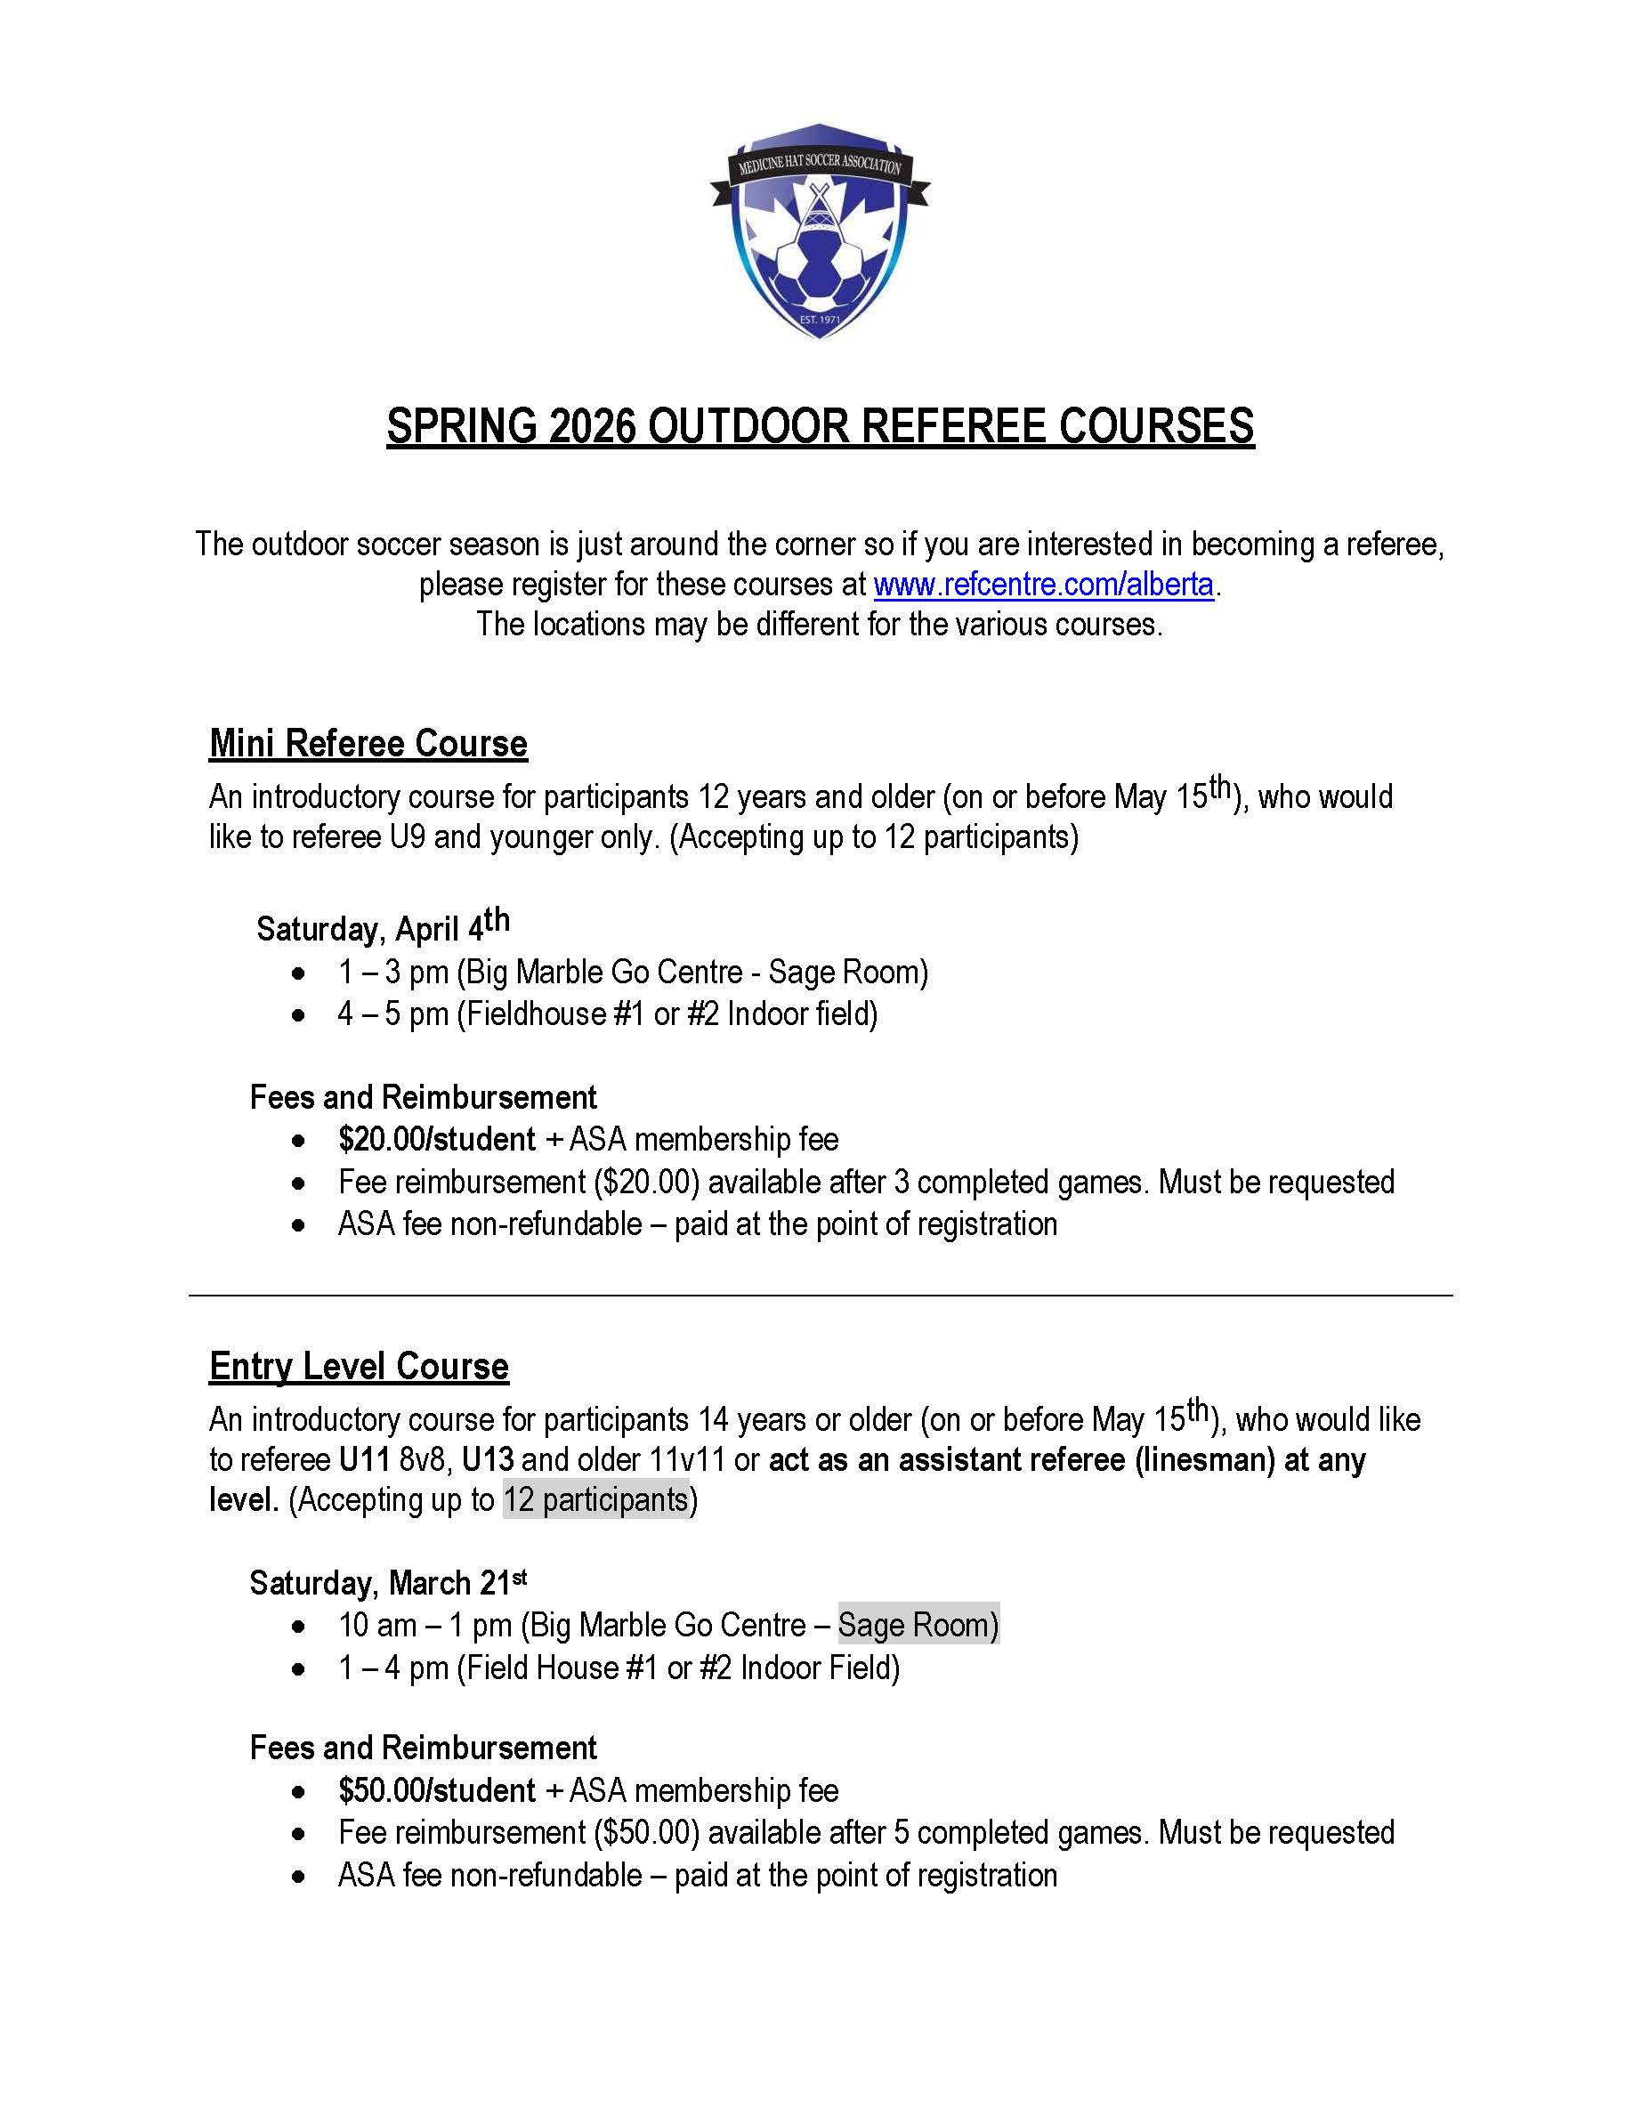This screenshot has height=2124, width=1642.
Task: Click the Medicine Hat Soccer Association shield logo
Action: coord(820,231)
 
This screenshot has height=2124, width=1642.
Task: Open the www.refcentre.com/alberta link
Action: coord(1043,585)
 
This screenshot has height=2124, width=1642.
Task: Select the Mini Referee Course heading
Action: coord(368,744)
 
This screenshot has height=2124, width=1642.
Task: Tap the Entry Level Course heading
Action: coord(358,1367)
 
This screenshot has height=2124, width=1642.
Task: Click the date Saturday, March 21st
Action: coord(388,1582)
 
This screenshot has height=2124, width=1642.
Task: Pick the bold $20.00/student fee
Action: coord(436,1139)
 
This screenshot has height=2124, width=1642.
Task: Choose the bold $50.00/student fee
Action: coord(436,1790)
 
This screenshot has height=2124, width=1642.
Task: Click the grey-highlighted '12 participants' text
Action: coord(595,1499)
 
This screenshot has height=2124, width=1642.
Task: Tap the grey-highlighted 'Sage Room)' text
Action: coord(918,1625)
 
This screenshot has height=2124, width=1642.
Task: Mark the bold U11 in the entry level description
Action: coord(364,1460)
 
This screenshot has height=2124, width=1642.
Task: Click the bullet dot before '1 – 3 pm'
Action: coord(299,973)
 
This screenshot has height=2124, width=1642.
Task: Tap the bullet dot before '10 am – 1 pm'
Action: coord(299,1626)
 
